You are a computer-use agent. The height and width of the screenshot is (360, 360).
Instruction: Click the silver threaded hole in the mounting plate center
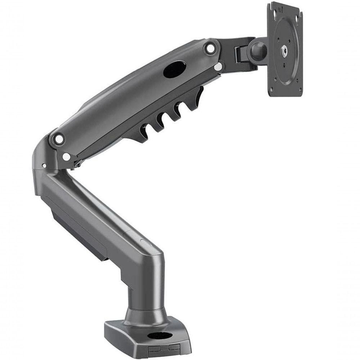click(x=284, y=51)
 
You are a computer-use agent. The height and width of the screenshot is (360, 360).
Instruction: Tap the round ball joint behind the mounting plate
click(x=258, y=50)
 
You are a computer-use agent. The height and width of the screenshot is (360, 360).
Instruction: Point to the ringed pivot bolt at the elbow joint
click(x=59, y=138)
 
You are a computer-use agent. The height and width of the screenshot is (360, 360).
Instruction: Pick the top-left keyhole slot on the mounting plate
click(x=274, y=14)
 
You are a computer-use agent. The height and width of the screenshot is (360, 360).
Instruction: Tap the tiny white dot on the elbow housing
click(x=44, y=166)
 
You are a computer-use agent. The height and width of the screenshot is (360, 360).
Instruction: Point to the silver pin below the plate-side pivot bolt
click(x=217, y=67)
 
